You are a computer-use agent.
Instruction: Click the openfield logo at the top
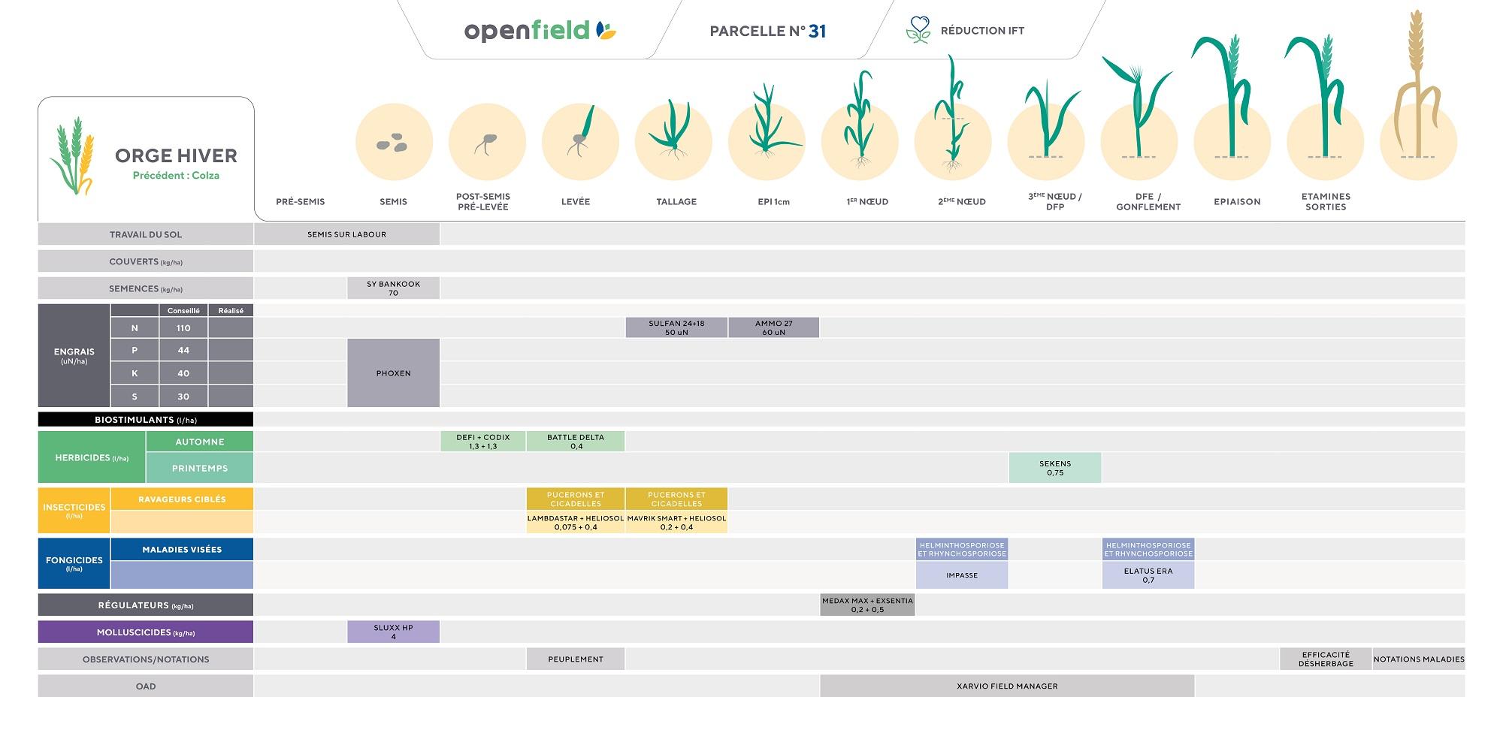point(540,31)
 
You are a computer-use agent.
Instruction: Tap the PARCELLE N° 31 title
point(767,31)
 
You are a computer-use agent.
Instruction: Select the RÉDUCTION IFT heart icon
point(918,30)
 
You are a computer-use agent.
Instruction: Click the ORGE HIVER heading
point(176,155)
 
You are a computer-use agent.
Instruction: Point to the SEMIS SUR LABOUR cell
point(346,234)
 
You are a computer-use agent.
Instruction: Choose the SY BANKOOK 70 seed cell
point(393,288)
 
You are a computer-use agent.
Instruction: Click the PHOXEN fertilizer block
point(393,373)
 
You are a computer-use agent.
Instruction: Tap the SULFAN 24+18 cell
point(676,327)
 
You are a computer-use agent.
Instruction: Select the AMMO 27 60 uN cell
point(773,327)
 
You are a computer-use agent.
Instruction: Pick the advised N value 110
point(183,328)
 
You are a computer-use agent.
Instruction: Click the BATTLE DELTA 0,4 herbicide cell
point(576,442)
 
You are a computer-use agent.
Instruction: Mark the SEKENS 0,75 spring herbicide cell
point(1054,468)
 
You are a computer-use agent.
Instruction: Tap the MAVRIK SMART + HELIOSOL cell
point(676,523)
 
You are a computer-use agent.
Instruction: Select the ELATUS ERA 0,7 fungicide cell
point(1148,575)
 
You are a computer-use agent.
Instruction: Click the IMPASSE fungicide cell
point(962,575)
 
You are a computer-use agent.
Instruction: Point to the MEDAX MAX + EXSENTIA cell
point(867,605)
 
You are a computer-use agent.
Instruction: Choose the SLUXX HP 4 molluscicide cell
point(393,632)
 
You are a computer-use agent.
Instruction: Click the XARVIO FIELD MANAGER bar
point(1007,686)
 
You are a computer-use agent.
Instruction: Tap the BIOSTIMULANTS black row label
point(146,420)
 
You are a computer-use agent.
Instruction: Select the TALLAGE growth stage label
point(676,201)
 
